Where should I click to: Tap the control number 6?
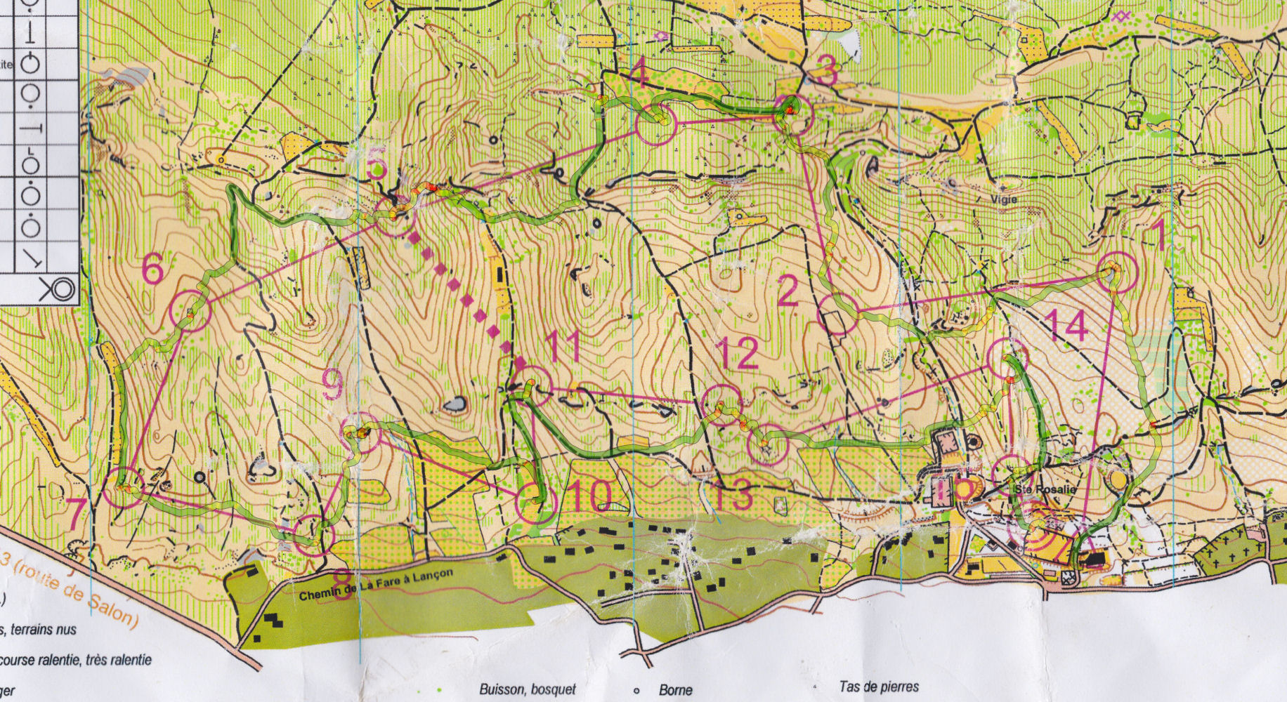(x=153, y=269)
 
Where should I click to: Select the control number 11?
(x=563, y=346)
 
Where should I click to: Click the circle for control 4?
(x=655, y=125)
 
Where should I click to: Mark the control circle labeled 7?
(x=124, y=487)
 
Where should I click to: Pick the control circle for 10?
(x=536, y=503)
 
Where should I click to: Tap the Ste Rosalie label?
(x=1035, y=489)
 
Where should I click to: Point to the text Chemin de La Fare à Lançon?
(x=376, y=585)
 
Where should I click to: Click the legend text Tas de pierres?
(x=878, y=687)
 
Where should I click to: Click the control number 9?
(x=333, y=385)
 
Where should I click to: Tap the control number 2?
(x=788, y=291)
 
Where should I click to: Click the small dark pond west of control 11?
(x=455, y=404)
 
